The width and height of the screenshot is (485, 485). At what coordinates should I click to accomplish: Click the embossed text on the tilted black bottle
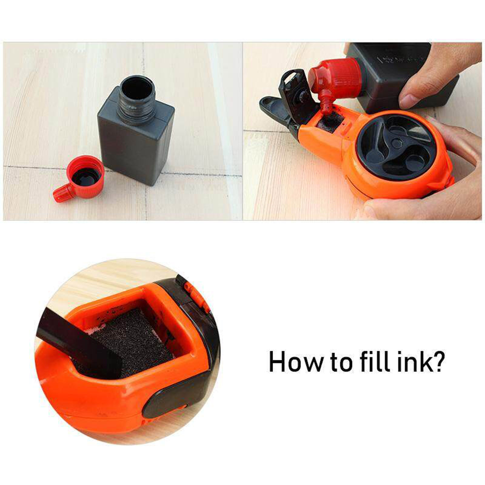[391, 59]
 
